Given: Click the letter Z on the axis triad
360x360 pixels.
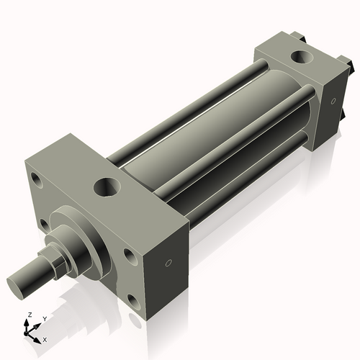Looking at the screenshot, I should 30,315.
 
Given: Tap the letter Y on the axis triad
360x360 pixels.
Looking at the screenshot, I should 44,318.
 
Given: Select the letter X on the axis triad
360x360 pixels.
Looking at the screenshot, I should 45,338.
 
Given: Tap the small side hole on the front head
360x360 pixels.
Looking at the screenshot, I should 168,264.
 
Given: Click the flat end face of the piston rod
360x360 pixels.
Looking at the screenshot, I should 18,281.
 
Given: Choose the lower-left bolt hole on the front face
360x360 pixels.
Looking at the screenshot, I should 46,225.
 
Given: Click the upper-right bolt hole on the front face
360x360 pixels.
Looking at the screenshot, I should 128,254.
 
